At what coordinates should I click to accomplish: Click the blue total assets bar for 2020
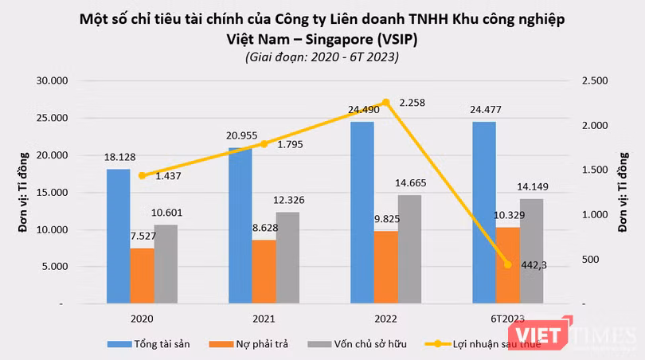point(118,237)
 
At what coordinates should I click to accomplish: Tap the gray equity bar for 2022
point(410,249)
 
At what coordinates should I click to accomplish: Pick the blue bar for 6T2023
point(483,213)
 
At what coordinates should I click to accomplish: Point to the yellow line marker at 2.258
point(386,102)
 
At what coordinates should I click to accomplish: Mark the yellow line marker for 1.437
point(143,175)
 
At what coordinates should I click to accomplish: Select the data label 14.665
point(412,183)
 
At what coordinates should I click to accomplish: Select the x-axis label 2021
point(264,319)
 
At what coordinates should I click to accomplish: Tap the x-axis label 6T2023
point(507,319)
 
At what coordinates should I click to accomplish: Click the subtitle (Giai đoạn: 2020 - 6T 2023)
point(322,57)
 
